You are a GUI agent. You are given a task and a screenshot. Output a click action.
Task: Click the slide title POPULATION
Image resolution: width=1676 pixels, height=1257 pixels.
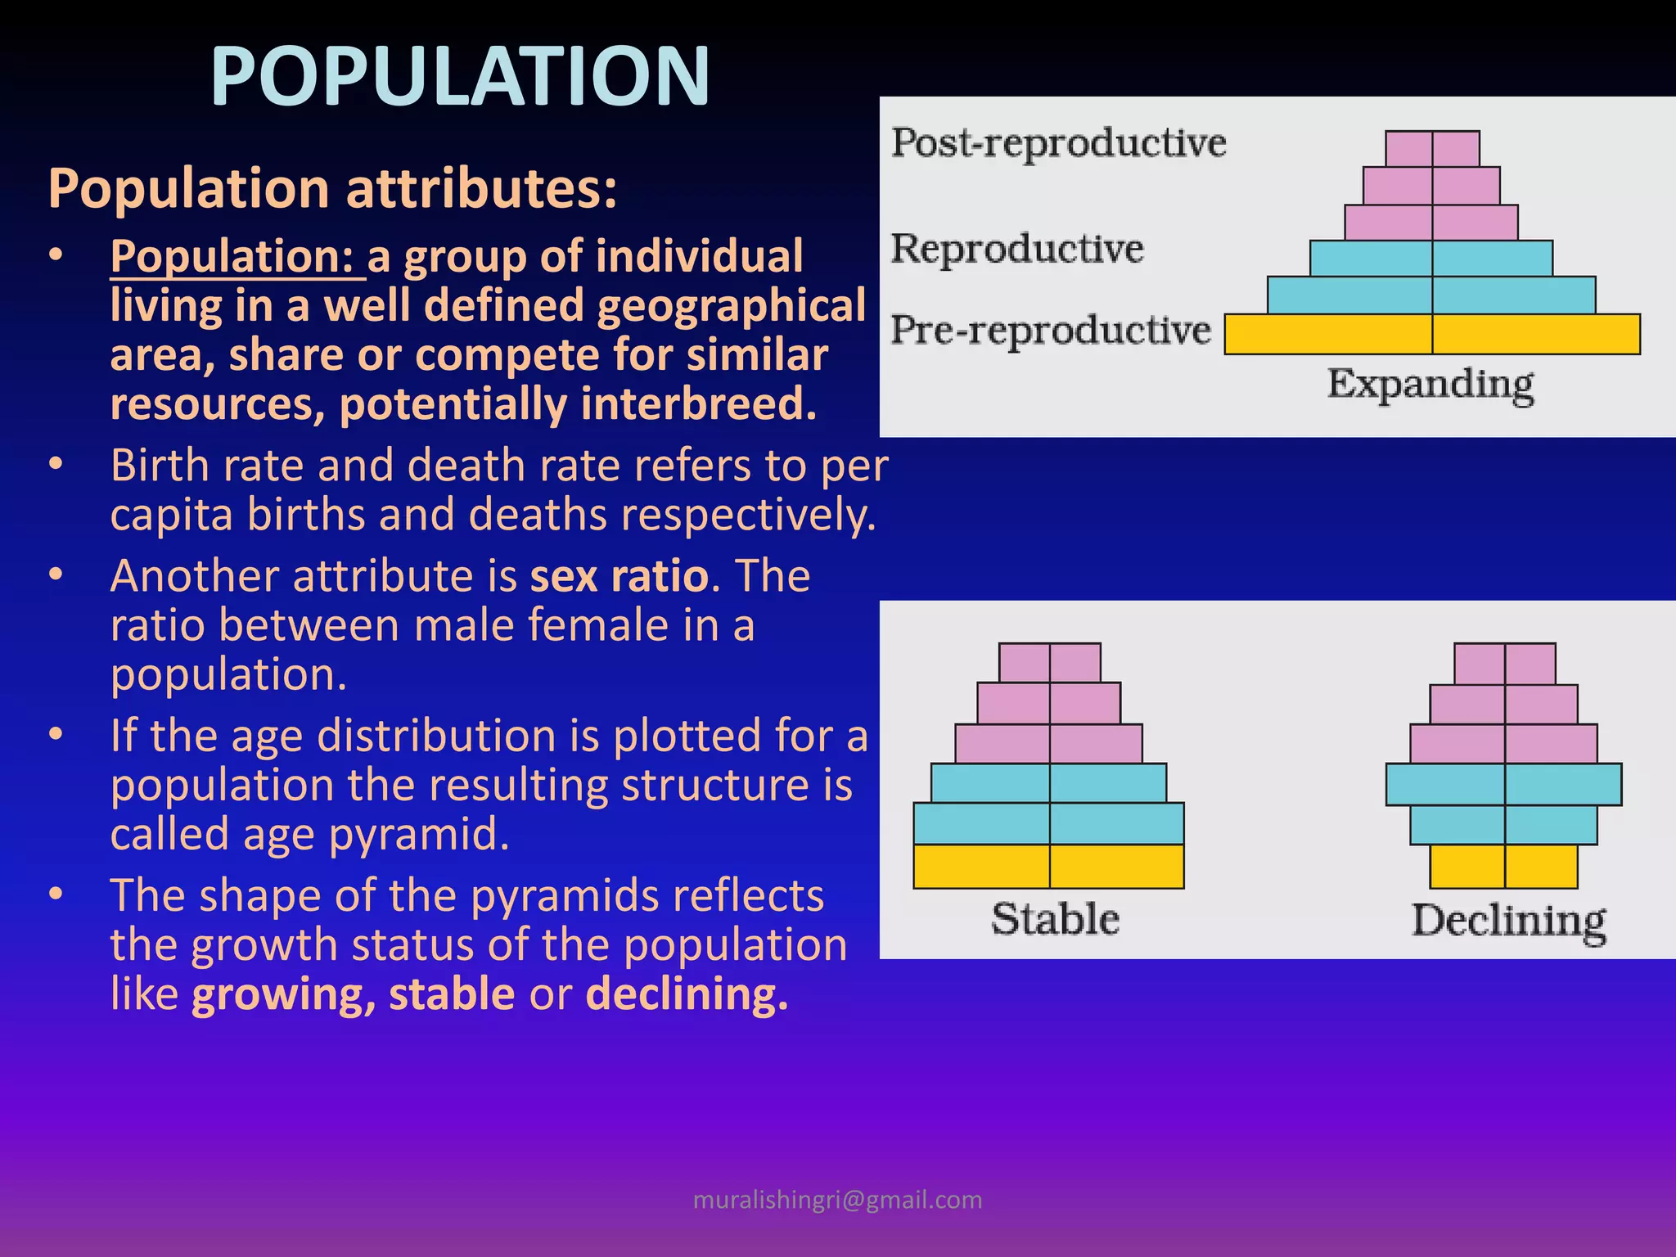click(460, 76)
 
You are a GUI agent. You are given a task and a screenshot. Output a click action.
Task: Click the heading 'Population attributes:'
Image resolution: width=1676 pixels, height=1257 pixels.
click(332, 189)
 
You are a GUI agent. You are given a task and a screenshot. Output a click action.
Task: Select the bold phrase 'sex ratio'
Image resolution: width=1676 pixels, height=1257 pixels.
click(619, 575)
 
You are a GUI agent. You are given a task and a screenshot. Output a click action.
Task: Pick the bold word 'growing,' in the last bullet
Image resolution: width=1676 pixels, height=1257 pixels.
click(284, 995)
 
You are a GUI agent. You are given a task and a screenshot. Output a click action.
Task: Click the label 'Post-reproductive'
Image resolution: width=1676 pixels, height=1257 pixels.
click(1058, 142)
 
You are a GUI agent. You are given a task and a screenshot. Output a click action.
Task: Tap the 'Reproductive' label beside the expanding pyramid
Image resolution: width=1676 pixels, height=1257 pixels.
click(1017, 248)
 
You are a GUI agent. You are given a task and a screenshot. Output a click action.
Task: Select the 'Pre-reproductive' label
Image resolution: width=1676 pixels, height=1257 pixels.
click(1051, 330)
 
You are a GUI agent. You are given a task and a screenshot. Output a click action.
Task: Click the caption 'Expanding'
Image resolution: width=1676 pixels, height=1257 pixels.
click(1430, 384)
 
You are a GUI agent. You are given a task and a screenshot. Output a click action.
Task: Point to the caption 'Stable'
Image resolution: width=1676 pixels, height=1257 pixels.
click(1055, 919)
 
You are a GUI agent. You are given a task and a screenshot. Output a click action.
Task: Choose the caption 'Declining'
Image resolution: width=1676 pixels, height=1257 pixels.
click(1508, 921)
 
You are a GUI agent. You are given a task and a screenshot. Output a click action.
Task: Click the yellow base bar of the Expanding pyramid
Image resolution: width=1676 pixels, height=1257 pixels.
click(1432, 334)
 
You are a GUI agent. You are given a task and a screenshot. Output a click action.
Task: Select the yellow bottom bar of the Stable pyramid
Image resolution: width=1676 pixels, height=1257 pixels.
click(1048, 867)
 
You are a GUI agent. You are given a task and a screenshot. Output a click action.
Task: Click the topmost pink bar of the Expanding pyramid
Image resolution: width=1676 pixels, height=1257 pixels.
click(1432, 149)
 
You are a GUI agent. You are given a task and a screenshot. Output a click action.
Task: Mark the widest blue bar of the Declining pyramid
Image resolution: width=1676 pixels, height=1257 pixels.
click(1503, 784)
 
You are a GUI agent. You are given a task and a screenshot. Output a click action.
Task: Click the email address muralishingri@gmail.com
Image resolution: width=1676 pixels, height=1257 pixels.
click(837, 1200)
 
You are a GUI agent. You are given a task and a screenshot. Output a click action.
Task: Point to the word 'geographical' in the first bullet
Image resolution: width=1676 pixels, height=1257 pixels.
click(731, 306)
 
